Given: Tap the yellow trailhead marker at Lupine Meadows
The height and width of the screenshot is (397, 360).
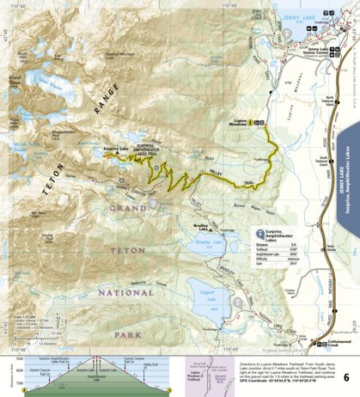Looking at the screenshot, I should [250, 123].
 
